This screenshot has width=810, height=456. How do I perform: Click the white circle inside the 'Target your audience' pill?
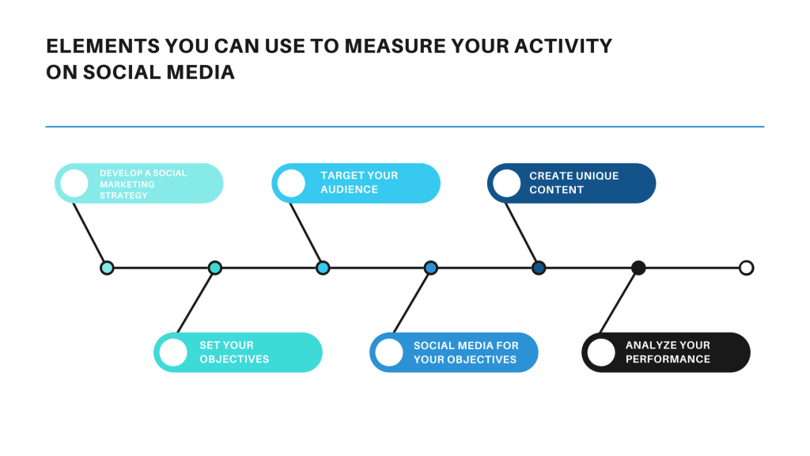tap(291, 183)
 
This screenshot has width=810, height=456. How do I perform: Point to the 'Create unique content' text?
tap(573, 183)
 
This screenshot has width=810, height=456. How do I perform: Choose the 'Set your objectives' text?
tap(234, 352)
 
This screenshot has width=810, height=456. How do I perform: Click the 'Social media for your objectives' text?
tap(466, 352)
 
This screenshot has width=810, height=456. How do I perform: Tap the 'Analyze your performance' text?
tap(668, 352)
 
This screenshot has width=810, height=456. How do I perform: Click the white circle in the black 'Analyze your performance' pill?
tap(601, 352)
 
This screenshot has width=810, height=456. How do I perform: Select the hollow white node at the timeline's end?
tap(746, 268)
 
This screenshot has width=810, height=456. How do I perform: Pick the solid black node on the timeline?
tap(638, 268)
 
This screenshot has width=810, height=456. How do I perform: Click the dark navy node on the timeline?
tap(539, 268)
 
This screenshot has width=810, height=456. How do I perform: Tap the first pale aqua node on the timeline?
tap(107, 268)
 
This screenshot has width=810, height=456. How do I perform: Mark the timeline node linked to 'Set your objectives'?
tap(214, 268)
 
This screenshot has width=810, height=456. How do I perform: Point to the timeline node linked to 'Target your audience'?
tap(323, 268)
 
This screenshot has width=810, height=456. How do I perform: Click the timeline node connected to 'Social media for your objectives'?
tap(430, 268)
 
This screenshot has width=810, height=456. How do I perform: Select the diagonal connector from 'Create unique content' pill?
tap(522, 234)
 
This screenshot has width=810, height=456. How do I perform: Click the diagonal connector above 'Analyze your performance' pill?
tap(619, 301)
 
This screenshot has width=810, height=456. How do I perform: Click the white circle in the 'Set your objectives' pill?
tap(173, 352)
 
